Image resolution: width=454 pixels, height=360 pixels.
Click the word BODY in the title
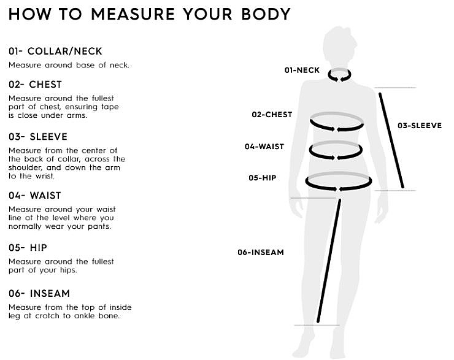266,14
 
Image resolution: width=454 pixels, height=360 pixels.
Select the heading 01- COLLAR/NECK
55,52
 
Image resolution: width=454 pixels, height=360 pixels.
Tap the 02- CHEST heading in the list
36,85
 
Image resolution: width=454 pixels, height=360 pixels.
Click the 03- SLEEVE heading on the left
38,137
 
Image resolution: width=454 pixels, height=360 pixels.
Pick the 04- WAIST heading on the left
35,196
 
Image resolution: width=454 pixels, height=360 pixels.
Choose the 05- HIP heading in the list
28,248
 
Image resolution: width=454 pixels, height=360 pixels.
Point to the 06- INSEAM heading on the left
39,293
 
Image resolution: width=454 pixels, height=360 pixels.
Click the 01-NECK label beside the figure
302,71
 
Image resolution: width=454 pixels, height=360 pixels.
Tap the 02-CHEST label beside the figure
272,115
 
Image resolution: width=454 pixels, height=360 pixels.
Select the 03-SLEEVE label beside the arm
420,126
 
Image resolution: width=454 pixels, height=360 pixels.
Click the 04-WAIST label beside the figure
264,147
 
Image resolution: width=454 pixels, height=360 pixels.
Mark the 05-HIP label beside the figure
263,178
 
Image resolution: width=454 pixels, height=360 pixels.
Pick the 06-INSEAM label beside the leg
261,252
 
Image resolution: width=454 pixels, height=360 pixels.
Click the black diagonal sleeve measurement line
391,140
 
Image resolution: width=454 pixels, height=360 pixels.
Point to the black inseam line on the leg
329,261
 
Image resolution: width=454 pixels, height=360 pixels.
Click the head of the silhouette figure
339,44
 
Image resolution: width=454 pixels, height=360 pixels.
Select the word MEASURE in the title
133,14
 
